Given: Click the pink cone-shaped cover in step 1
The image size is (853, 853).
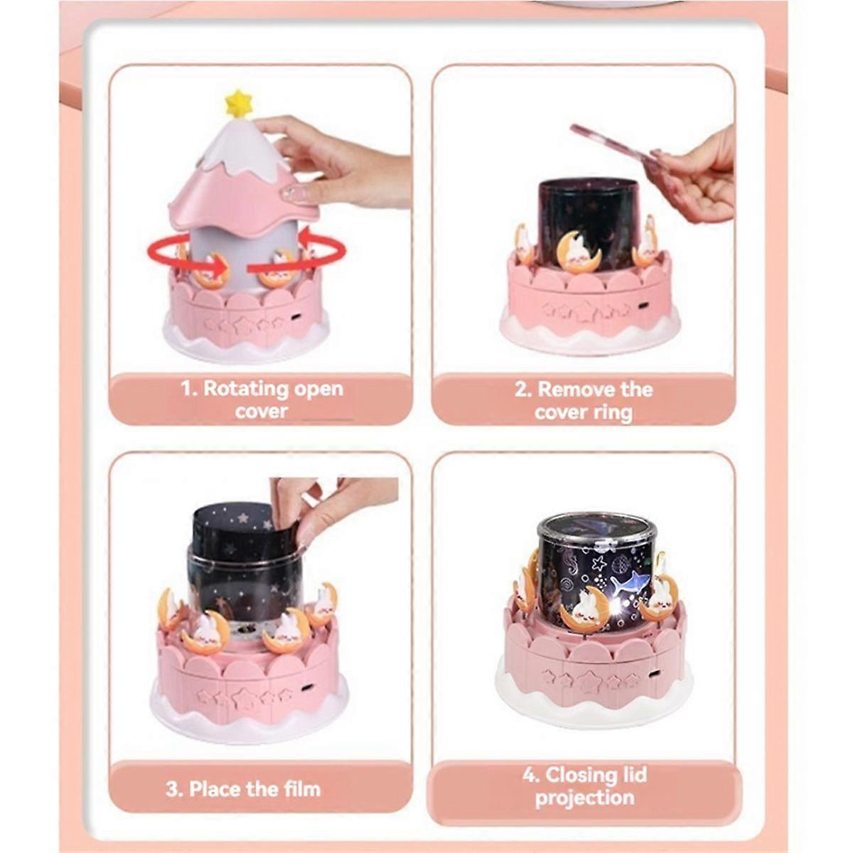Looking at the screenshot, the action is [x=243, y=173].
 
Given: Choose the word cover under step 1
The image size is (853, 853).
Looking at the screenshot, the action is [x=261, y=412].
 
